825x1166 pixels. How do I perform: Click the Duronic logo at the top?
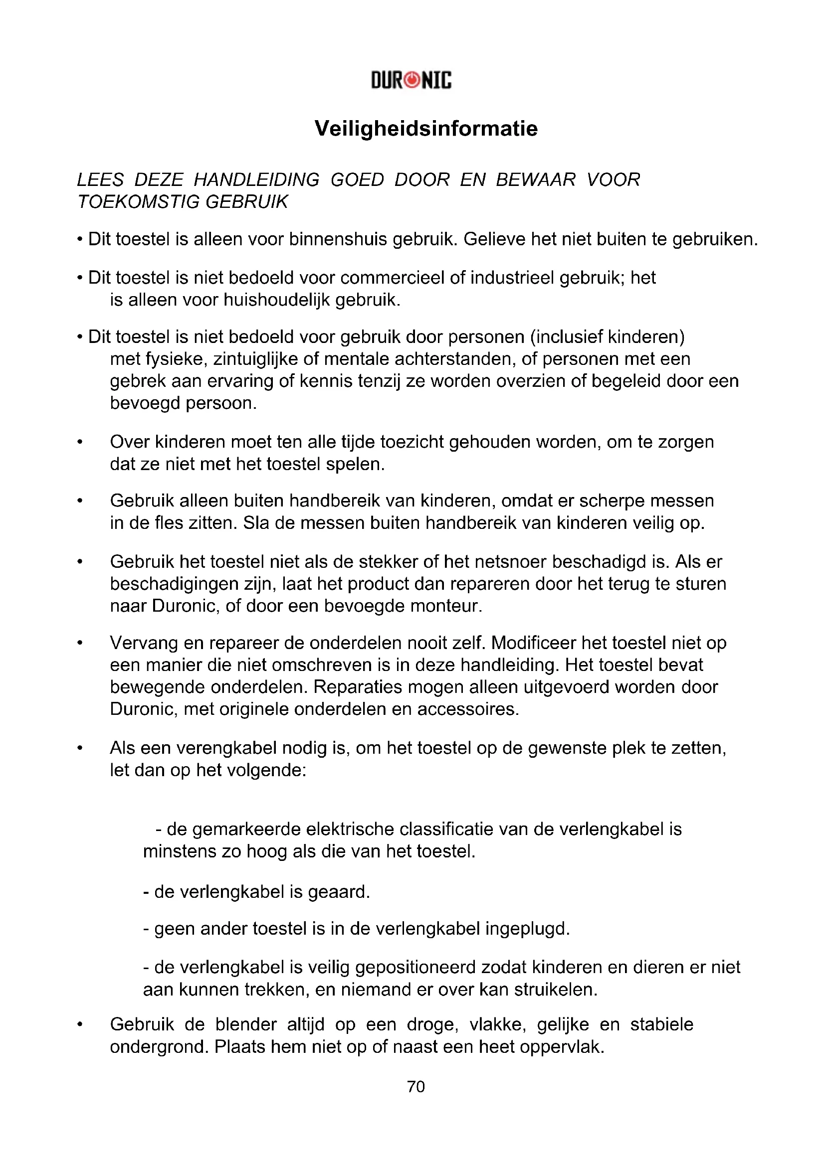pyautogui.click(x=411, y=80)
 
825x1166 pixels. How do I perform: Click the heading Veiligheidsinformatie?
pyautogui.click(x=425, y=129)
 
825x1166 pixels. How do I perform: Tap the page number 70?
pyautogui.click(x=415, y=1086)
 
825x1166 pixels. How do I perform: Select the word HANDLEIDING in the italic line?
pyautogui.click(x=256, y=180)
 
